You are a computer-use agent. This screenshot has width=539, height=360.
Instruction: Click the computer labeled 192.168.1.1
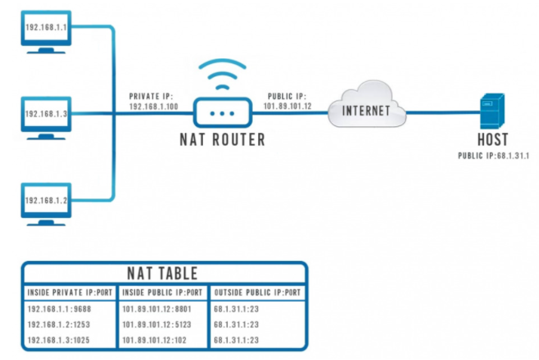[46, 30]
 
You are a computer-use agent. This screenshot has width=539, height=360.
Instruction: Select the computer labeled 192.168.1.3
[46, 115]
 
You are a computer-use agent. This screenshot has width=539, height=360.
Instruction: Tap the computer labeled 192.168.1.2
[46, 202]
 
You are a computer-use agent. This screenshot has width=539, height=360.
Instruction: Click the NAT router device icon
[222, 114]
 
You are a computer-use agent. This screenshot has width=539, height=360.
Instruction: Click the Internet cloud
[367, 110]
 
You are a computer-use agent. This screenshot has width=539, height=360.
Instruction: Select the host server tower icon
[491, 111]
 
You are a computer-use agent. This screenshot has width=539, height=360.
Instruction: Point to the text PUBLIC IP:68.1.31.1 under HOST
[494, 156]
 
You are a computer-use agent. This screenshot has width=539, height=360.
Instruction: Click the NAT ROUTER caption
[222, 140]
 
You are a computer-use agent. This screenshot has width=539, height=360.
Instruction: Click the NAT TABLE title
[163, 274]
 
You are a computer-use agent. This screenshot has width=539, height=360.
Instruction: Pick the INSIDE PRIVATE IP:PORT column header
[70, 292]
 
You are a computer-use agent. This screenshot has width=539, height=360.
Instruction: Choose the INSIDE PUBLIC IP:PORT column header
[162, 292]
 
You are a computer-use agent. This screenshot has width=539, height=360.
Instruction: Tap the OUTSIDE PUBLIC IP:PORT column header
[257, 292]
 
